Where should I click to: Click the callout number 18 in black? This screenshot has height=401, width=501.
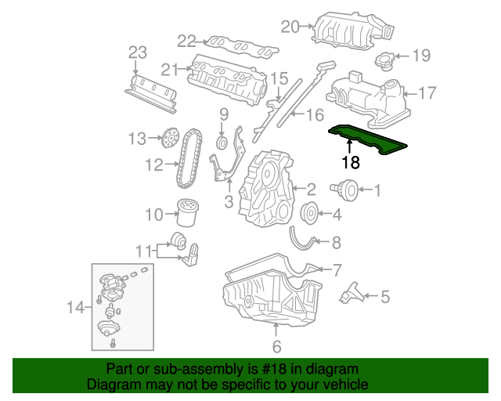pos(351,163)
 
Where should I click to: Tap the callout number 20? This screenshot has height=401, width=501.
pos(290,27)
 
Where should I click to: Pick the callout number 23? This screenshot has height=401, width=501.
pos(138,52)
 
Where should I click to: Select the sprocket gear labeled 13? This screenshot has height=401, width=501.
pos(165,139)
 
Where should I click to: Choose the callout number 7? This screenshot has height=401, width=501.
pos(337,271)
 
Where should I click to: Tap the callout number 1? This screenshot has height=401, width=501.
pos(377,190)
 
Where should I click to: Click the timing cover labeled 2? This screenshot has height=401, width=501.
pos(269,188)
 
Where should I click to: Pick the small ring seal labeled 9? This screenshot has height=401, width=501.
pos(222,143)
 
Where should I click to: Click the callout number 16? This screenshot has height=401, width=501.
pos(314,116)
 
